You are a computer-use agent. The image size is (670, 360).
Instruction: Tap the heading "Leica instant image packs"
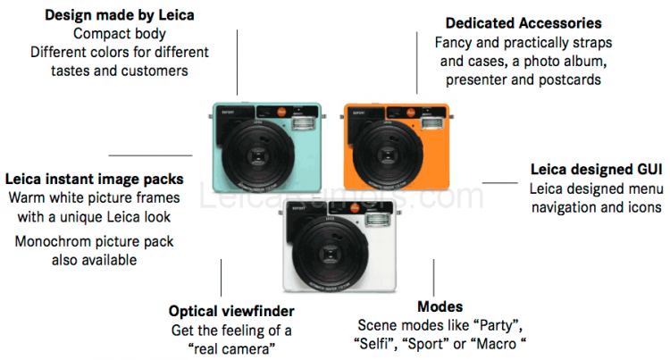[94, 178]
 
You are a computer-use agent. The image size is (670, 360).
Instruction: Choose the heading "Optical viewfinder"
[231, 312]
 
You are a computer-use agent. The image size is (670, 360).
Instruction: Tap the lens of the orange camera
[395, 156]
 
